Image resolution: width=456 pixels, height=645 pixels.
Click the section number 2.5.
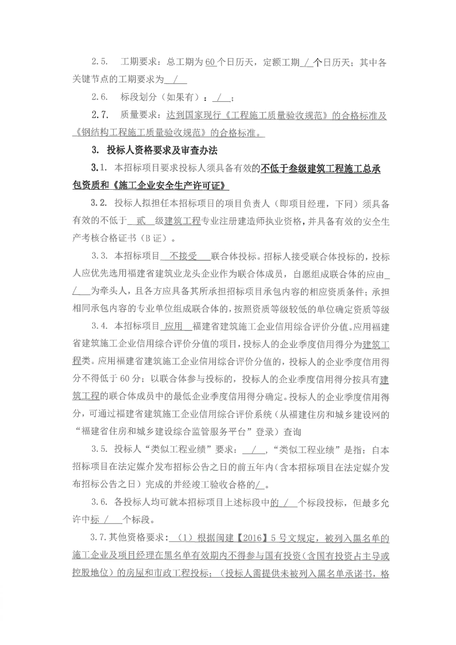tap(99, 62)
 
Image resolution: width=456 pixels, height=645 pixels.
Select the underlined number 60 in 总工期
tap(210, 62)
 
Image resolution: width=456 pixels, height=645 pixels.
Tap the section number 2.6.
tap(99, 98)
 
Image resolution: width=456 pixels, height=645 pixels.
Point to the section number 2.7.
tap(99, 116)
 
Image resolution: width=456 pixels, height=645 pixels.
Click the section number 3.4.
tap(101, 327)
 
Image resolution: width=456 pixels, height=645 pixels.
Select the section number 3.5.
tap(101, 450)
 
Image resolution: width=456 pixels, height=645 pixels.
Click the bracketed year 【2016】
tap(249, 539)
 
